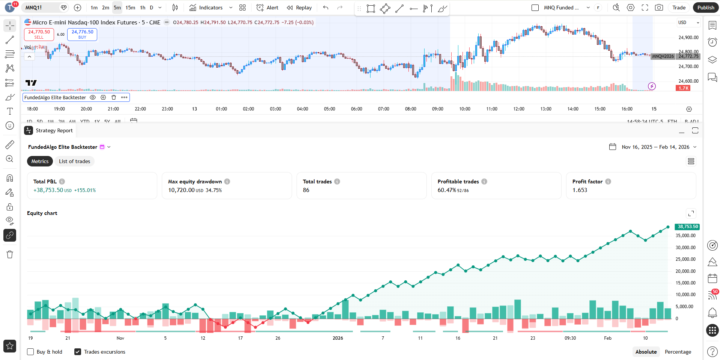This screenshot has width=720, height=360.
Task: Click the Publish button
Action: click(704, 7)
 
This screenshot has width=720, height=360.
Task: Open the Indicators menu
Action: click(207, 7)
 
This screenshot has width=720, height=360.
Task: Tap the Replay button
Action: click(300, 7)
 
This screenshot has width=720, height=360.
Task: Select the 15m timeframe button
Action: click(130, 7)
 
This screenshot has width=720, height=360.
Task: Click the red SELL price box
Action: click(39, 33)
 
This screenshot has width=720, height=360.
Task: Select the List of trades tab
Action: click(74, 161)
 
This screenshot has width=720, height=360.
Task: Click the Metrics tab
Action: click(40, 161)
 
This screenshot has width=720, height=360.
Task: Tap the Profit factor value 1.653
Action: click(580, 190)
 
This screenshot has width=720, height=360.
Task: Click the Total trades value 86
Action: click(307, 190)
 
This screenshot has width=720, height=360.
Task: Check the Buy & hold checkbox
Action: click(30, 351)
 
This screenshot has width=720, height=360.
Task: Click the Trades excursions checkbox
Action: click(78, 351)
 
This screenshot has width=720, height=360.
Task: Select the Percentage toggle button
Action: click(678, 351)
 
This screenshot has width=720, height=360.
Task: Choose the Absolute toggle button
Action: click(646, 351)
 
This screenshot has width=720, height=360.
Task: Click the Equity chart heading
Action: click(42, 213)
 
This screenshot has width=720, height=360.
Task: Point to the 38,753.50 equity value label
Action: click(686, 227)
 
